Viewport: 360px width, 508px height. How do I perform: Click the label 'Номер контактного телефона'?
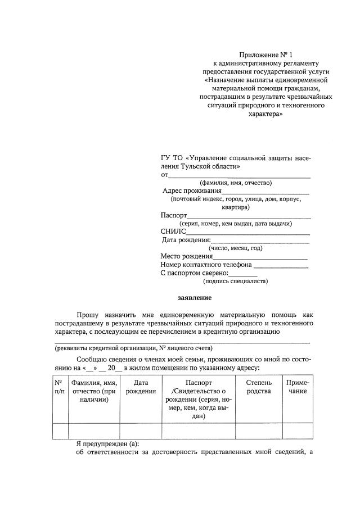206,265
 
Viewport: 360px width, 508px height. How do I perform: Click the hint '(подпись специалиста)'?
235,281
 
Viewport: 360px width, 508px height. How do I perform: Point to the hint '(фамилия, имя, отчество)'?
236,183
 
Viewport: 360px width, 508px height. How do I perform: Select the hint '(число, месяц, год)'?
235,248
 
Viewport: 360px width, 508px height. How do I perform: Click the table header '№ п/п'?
58,387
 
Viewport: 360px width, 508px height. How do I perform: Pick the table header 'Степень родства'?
259,387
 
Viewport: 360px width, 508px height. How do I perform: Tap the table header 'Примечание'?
298,387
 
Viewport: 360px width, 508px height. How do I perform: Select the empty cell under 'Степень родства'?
259,430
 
